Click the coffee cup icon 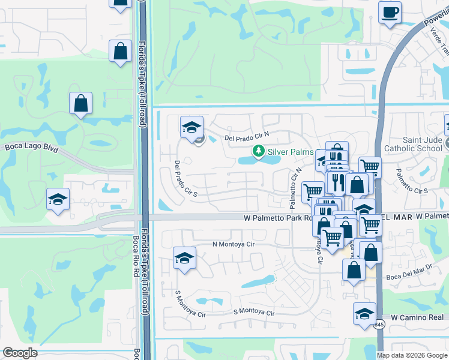(390, 12)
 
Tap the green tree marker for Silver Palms (259, 151)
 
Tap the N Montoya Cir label (234, 245)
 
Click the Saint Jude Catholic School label (422, 144)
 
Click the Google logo (20, 353)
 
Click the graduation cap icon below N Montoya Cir (184, 258)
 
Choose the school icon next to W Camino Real (364, 314)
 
